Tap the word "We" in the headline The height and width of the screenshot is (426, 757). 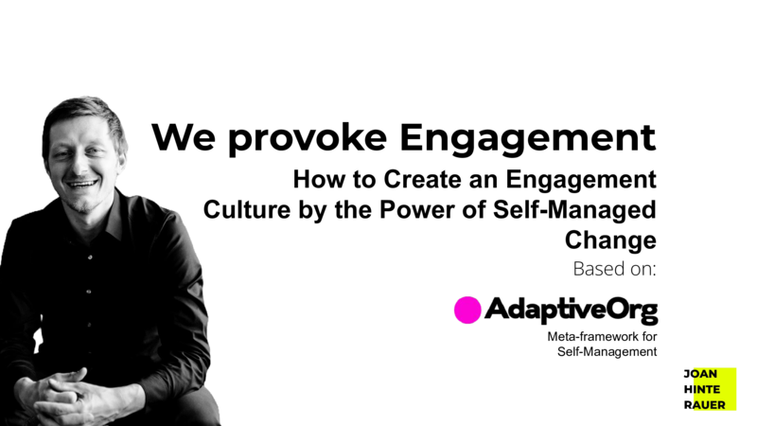tap(184, 137)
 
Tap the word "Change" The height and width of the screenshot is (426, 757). tap(610, 240)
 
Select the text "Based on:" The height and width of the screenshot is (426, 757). tap(614, 269)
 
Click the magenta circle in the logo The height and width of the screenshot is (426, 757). tap(467, 311)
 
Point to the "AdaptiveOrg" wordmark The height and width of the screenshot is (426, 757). tap(572, 311)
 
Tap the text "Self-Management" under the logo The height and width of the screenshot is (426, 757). tap(607, 351)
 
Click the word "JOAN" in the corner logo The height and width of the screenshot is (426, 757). tap(700, 374)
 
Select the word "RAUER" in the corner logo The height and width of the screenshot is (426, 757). tap(704, 405)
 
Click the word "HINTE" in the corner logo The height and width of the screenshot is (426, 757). tap(702, 389)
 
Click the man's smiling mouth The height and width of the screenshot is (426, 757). tap(82, 184)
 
